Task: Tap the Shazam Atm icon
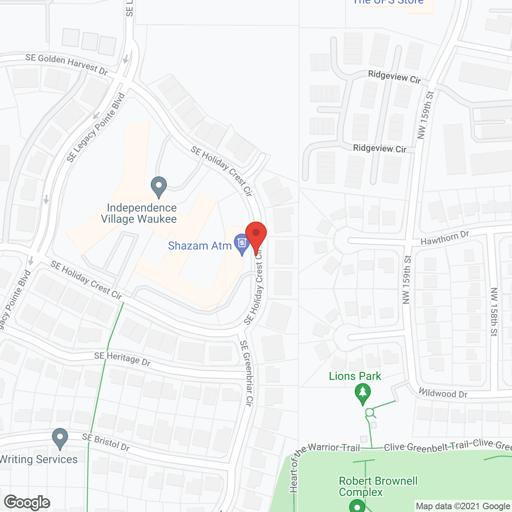click(242, 244)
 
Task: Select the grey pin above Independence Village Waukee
click(159, 187)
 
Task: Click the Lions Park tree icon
click(363, 394)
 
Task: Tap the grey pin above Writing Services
click(60, 439)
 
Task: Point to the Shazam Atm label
click(200, 246)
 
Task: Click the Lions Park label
click(355, 376)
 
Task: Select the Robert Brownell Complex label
click(378, 486)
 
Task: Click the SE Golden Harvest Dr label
click(67, 64)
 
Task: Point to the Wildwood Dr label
click(443, 393)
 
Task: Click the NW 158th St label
click(494, 312)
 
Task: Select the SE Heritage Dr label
click(122, 359)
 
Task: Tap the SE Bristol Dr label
click(106, 442)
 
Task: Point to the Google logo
click(27, 502)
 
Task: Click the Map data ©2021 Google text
click(463, 506)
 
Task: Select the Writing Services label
click(39, 459)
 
